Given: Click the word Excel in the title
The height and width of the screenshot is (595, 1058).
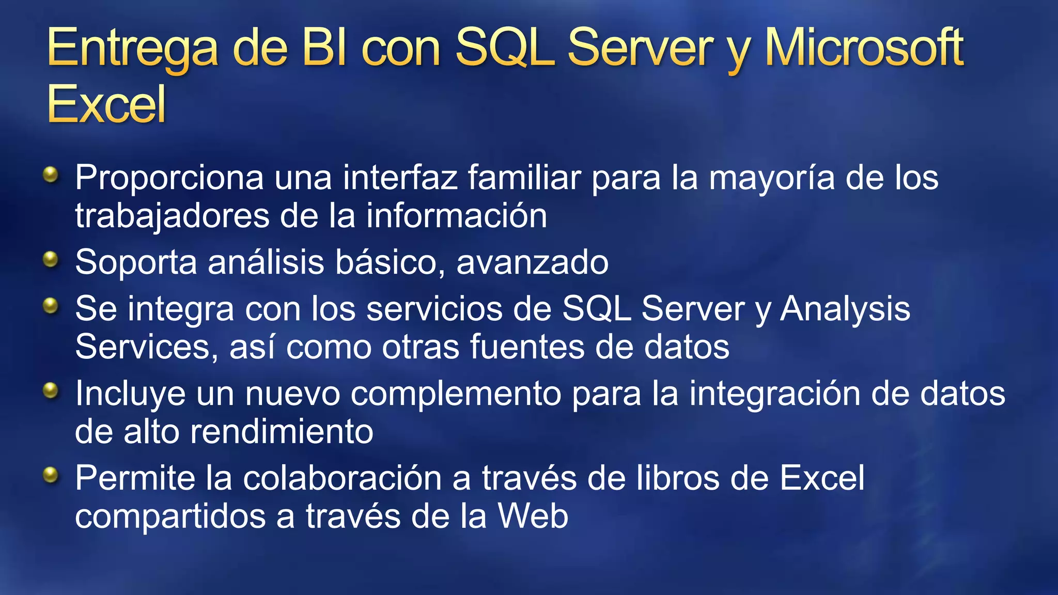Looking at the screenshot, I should pyautogui.click(x=106, y=104).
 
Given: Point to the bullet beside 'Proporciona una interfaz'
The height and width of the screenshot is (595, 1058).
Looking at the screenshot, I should pyautogui.click(x=51, y=175).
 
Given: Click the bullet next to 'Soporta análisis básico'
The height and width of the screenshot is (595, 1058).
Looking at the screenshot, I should pyautogui.click(x=51, y=259).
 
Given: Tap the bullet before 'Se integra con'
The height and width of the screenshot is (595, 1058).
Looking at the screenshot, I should pyautogui.click(x=51, y=306).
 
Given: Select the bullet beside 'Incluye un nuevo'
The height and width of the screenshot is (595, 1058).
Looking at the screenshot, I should pyautogui.click(x=51, y=390).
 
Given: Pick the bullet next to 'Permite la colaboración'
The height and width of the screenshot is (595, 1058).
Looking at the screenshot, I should pyautogui.click(x=51, y=475).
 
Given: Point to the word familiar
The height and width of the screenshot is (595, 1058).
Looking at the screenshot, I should pyautogui.click(x=524, y=177).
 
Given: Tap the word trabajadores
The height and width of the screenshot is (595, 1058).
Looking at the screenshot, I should pyautogui.click(x=172, y=216).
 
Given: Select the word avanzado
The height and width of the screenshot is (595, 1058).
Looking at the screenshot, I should pyautogui.click(x=532, y=262).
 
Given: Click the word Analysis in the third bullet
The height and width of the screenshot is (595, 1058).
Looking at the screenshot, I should pyautogui.click(x=845, y=310).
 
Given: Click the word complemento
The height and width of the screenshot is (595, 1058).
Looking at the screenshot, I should pyautogui.click(x=456, y=395).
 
